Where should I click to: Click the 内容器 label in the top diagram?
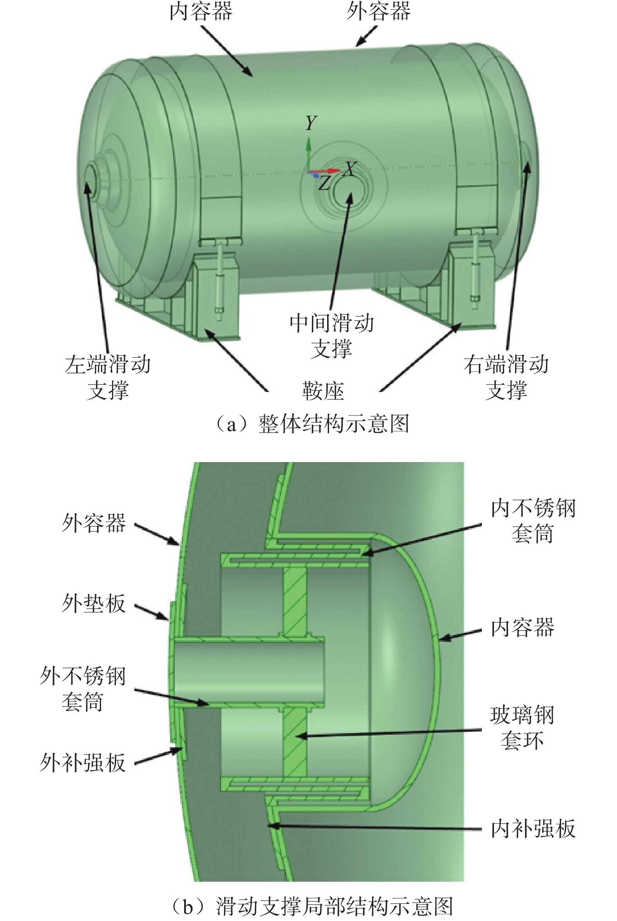pos(201,12)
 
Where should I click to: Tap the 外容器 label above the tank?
pos(378,12)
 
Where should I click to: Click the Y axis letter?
pos(311,123)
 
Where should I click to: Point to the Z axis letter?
pos(324,183)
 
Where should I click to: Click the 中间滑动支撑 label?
pos(331,336)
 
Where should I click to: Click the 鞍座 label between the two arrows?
pos(323,391)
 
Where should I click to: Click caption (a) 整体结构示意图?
pos(313,424)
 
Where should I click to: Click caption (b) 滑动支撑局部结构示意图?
pos(313,906)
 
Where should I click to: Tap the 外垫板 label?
pos(94,603)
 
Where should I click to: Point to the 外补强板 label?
pos(83,762)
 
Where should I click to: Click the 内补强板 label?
pos(533,829)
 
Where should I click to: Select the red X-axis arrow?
pos(329,171)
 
